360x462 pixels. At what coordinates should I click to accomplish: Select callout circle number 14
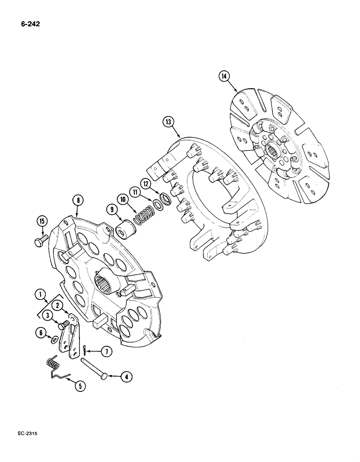click(x=225, y=77)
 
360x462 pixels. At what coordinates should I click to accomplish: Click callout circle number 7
click(x=107, y=352)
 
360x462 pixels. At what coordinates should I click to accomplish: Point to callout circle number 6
click(x=42, y=333)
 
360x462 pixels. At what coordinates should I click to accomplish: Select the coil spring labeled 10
click(x=143, y=214)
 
